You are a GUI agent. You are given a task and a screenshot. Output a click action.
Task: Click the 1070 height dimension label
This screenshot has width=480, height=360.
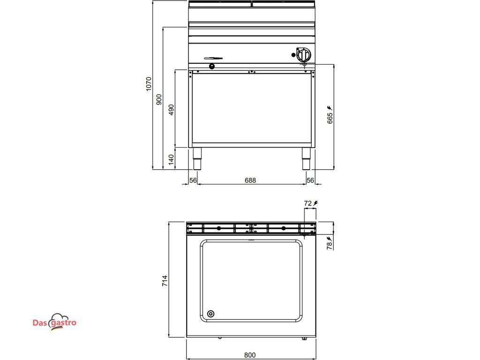(149, 83)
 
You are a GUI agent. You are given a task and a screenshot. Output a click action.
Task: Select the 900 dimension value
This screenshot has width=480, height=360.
(159, 99)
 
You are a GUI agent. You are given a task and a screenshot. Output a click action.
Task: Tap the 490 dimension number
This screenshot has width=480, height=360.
(171, 110)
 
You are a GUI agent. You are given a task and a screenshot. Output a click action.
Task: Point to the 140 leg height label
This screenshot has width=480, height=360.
(171, 159)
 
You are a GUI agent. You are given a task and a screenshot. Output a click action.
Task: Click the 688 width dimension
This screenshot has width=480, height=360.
(250, 180)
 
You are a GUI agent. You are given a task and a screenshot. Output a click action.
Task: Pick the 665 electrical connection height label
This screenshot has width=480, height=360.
(330, 118)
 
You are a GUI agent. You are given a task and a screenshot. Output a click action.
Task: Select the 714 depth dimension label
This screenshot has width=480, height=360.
(165, 281)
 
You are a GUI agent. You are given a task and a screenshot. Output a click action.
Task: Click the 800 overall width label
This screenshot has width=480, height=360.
(250, 355)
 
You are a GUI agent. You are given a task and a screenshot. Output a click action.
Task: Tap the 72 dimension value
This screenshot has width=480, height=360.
(307, 203)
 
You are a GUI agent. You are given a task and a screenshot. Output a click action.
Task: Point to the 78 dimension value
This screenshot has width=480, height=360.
(330, 246)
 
